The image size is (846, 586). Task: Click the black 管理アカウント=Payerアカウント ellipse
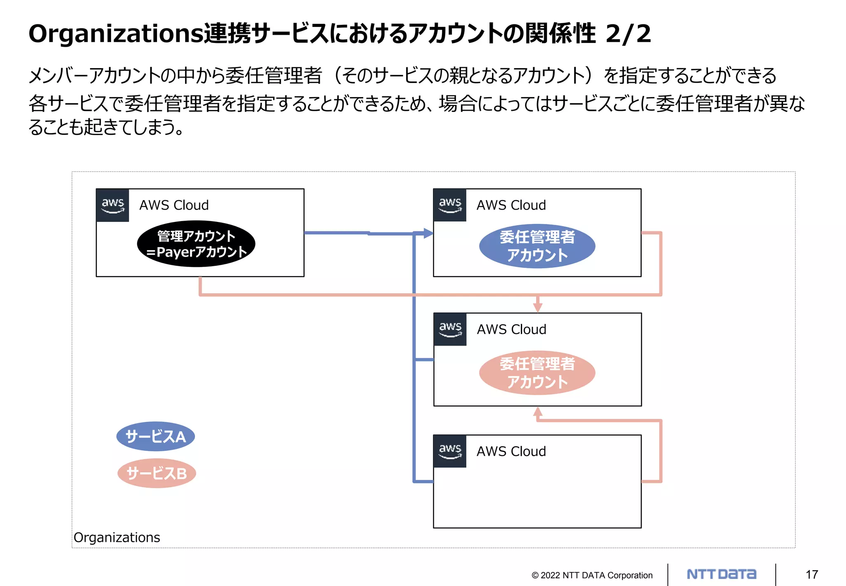[196, 244]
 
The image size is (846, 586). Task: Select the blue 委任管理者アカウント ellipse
[537, 246]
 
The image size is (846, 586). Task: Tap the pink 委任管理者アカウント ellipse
[537, 372]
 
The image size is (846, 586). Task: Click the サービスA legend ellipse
[155, 436]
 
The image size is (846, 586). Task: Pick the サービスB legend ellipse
[157, 473]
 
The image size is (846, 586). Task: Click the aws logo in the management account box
[113, 205]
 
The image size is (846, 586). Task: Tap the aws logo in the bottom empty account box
[450, 451]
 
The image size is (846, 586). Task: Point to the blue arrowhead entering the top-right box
[428, 233]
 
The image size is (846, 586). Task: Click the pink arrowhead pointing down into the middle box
[537, 307]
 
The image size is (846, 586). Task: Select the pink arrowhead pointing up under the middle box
[537, 412]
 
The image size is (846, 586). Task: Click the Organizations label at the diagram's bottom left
[117, 537]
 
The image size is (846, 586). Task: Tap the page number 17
[811, 574]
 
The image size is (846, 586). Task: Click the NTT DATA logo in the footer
[721, 574]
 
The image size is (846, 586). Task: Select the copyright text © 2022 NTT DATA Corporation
[592, 575]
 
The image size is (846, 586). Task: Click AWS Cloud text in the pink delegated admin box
[511, 329]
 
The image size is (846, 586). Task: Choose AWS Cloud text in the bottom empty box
[511, 451]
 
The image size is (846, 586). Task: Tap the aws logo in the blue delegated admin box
[450, 205]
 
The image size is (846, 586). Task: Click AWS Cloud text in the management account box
[174, 205]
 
